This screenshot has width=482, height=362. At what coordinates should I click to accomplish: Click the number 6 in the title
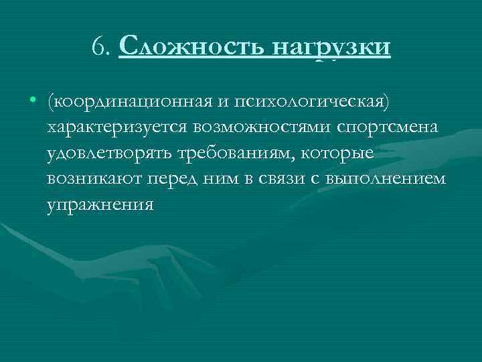click(x=99, y=48)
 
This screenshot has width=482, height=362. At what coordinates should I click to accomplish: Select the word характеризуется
click(x=118, y=127)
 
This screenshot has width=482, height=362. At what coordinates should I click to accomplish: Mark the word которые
click(x=340, y=153)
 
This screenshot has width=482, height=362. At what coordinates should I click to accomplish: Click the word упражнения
click(x=100, y=205)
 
